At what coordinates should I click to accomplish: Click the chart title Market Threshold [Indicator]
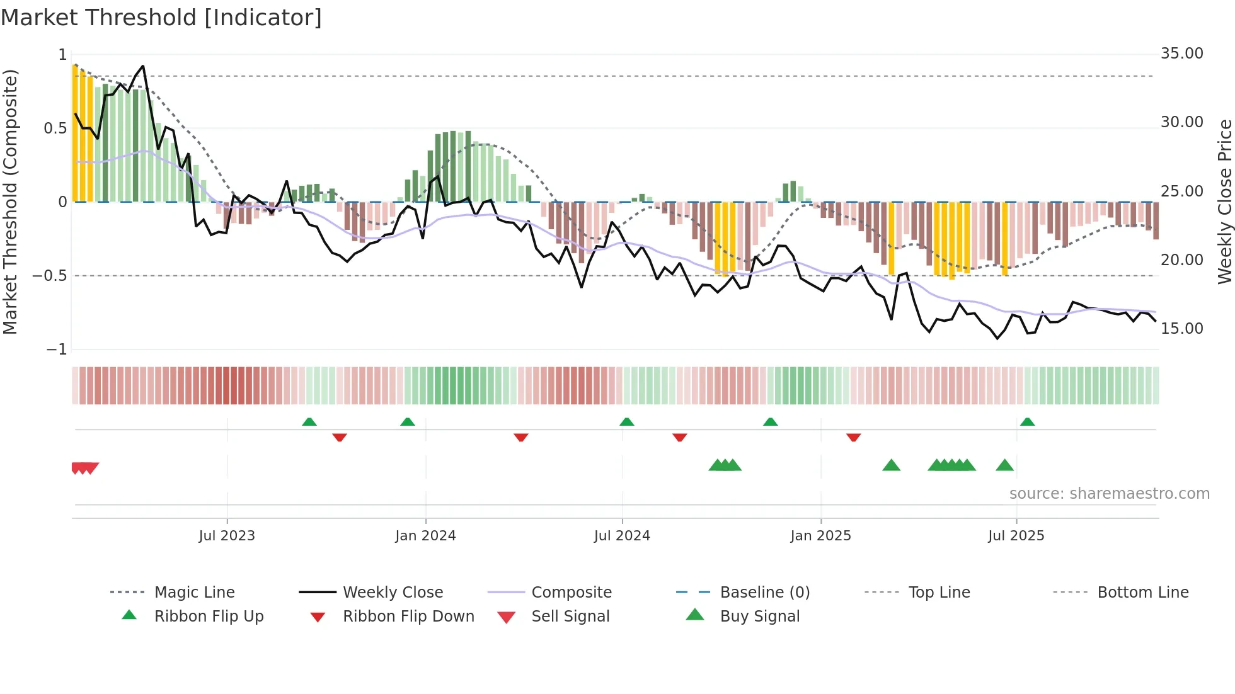161,18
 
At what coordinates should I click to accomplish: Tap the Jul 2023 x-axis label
227,536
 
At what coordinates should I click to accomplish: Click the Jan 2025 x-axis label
820,536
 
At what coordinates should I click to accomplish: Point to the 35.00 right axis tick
1181,54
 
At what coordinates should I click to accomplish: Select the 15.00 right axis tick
1181,329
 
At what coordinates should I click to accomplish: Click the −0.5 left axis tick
50,276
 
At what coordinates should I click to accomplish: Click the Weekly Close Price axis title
1224,202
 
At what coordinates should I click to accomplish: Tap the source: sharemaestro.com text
1109,494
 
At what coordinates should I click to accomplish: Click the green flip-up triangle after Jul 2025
1027,422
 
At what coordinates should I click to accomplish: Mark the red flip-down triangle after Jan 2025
853,437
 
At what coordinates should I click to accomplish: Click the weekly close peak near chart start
143,66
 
